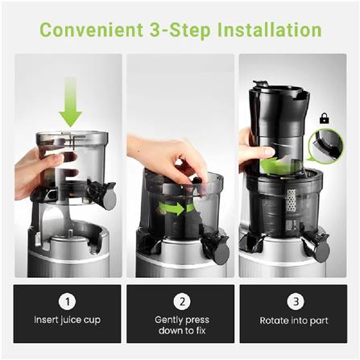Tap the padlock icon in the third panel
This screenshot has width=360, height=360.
click(324, 118)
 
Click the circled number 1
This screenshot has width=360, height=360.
click(68, 300)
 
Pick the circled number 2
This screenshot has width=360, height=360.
click(181, 300)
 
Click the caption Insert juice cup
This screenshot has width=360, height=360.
click(68, 321)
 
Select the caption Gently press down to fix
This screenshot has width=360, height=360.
click(181, 325)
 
